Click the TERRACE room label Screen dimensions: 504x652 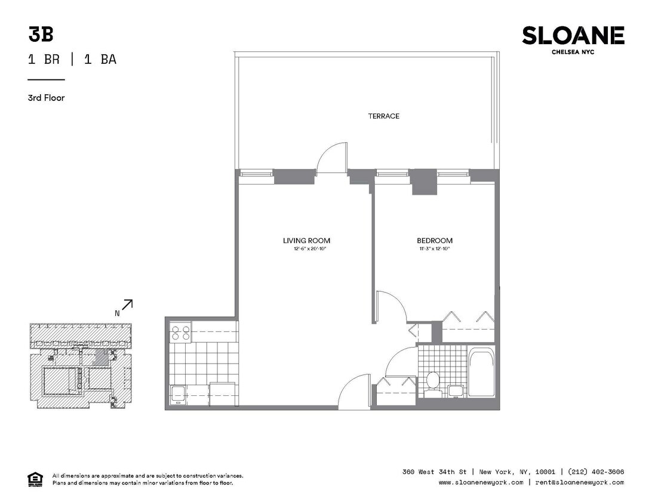tap(383, 116)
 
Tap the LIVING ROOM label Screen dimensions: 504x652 tap(306, 241)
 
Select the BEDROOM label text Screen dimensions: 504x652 tap(434, 241)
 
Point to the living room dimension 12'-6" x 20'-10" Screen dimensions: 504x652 tap(306, 248)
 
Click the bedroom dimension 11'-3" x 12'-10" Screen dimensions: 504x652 tap(434, 248)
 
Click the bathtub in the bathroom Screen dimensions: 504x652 tap(481, 374)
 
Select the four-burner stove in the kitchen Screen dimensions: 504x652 tap(180, 333)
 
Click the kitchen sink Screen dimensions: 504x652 tap(178, 394)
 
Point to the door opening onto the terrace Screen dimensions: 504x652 tap(331, 159)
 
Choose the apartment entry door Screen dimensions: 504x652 tap(354, 392)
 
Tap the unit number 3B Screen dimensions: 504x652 tap(41, 35)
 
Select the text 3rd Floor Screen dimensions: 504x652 tap(46, 98)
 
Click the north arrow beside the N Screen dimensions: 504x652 tap(127, 305)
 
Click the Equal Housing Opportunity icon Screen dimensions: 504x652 tap(35, 479)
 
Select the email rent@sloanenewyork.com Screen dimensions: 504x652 tap(579, 483)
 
